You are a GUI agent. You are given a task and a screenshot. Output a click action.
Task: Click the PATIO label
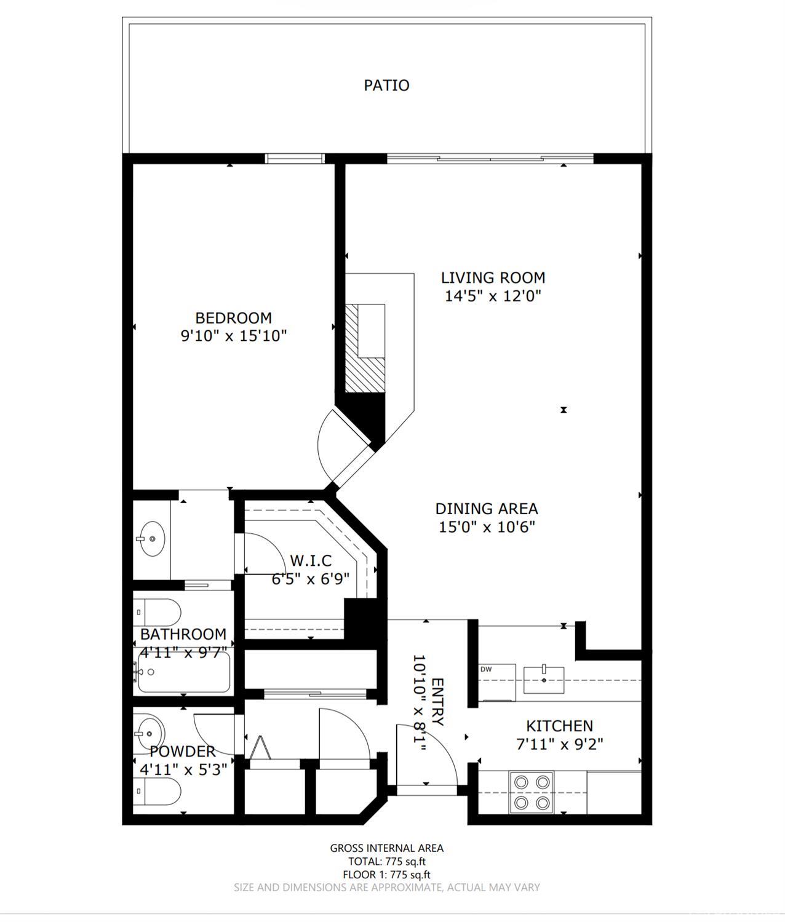tap(386, 85)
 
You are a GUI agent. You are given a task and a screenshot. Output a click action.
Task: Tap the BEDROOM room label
tap(233, 318)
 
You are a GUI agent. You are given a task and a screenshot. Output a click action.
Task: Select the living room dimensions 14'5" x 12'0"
tap(493, 296)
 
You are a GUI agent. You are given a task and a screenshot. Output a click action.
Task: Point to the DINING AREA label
tap(486, 509)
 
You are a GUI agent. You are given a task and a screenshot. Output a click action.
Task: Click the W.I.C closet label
tap(311, 561)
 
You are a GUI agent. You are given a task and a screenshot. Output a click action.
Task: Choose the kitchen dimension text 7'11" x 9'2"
tap(559, 744)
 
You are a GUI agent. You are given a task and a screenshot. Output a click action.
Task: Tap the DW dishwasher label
tap(486, 669)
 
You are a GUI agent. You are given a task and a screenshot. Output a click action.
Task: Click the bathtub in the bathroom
tap(183, 673)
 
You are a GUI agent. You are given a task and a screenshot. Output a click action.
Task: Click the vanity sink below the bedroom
tap(150, 539)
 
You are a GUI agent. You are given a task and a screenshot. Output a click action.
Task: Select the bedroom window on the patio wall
tap(295, 158)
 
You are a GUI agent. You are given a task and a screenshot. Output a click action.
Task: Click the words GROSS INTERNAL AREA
tap(386, 848)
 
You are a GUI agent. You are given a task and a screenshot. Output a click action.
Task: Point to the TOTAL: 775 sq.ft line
tap(386, 862)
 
